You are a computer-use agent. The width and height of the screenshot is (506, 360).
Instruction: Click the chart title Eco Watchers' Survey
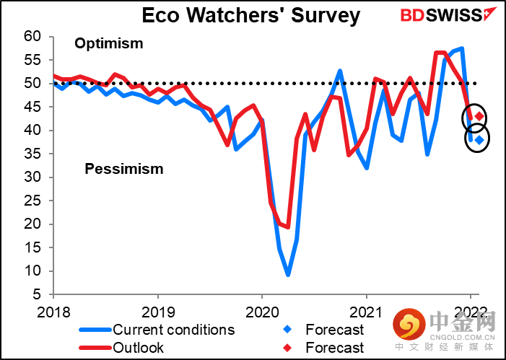click(250, 15)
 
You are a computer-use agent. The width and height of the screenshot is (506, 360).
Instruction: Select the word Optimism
click(109, 43)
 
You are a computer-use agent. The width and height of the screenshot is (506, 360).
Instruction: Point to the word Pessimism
click(124, 169)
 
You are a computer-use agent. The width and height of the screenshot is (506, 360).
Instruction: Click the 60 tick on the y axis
click(33, 37)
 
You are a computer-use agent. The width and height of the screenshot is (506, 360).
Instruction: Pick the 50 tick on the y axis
click(33, 84)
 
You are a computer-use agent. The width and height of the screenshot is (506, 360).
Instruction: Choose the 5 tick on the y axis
click(38, 294)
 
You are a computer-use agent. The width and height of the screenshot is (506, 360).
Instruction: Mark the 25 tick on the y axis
click(33, 201)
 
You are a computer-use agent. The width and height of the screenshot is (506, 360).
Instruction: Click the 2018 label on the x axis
click(53, 312)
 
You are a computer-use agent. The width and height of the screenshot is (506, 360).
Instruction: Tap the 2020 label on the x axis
click(262, 312)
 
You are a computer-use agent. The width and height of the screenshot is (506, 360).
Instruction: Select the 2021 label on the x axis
click(366, 312)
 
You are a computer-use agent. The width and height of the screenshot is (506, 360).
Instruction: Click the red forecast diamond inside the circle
click(479, 116)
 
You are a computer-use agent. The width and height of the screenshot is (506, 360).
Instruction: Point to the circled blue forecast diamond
click(479, 140)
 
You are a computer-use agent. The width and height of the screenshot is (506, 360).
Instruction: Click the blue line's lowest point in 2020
click(288, 275)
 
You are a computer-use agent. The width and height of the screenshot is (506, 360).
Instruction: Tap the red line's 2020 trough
click(288, 227)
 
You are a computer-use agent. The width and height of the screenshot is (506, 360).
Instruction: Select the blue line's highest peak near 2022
click(463, 49)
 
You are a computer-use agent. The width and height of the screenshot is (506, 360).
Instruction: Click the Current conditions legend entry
click(157, 330)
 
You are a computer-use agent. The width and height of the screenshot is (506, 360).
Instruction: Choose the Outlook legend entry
click(122, 348)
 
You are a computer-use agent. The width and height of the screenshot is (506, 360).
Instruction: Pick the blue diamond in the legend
click(287, 330)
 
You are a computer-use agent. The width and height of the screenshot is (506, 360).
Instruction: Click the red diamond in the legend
click(287, 348)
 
